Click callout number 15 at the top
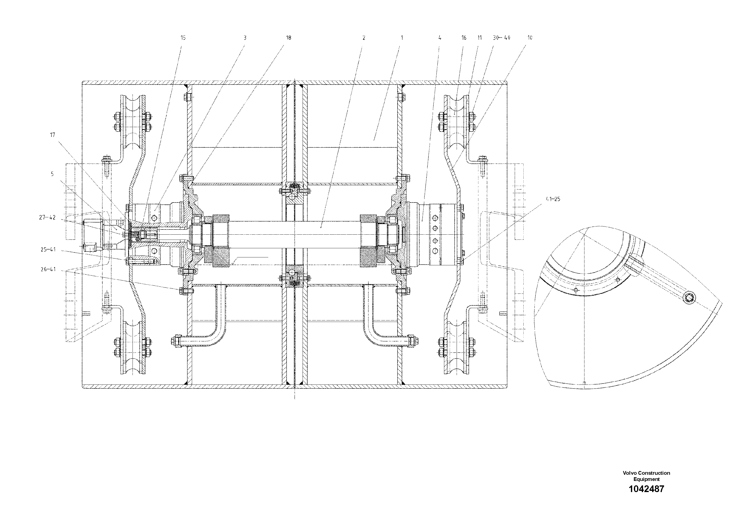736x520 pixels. (x=183, y=38)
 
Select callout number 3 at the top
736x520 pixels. (x=245, y=38)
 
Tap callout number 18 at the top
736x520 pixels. (x=289, y=38)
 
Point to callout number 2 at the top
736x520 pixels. (x=363, y=38)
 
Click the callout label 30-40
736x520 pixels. (x=502, y=38)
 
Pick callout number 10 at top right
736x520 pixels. (x=530, y=38)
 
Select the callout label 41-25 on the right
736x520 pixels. (x=552, y=199)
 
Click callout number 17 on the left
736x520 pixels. (x=53, y=135)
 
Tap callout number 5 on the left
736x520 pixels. (x=52, y=174)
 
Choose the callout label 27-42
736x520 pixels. (x=47, y=218)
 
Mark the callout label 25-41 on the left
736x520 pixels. (x=48, y=249)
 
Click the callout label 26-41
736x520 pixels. (x=48, y=269)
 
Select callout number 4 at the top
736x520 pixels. (x=440, y=38)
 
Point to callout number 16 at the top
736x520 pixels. (x=464, y=38)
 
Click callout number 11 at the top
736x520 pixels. (x=480, y=38)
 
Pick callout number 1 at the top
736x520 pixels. (x=402, y=38)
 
